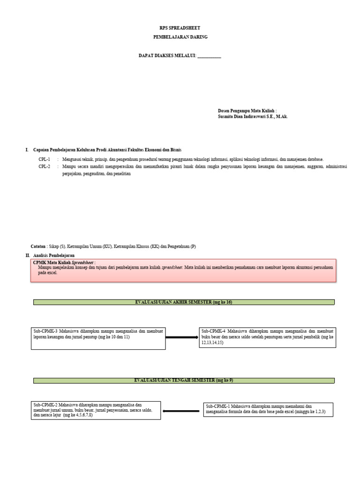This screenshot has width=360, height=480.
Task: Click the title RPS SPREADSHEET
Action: click(x=180, y=28)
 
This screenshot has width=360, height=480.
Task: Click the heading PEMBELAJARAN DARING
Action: click(x=180, y=37)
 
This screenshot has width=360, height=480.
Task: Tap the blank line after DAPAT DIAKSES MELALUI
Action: click(x=209, y=56)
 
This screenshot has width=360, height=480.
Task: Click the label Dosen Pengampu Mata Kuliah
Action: click(x=247, y=111)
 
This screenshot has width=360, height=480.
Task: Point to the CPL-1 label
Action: click(x=45, y=159)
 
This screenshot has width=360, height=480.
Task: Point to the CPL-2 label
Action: click(x=45, y=166)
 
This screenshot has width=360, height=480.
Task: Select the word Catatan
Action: click(x=38, y=246)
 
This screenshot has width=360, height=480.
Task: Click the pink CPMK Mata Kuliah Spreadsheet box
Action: click(x=183, y=270)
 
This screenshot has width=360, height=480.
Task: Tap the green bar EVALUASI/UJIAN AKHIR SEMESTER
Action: click(x=184, y=302)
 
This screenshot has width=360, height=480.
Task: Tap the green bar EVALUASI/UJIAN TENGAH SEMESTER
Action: click(x=184, y=380)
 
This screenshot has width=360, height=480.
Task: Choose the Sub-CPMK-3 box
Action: click(x=98, y=337)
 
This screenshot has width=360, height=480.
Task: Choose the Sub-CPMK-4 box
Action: click(x=268, y=337)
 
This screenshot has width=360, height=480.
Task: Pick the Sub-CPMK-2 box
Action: click(x=96, y=410)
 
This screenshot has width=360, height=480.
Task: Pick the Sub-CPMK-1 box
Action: click(x=269, y=410)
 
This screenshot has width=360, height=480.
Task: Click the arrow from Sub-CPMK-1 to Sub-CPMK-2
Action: click(x=182, y=412)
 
